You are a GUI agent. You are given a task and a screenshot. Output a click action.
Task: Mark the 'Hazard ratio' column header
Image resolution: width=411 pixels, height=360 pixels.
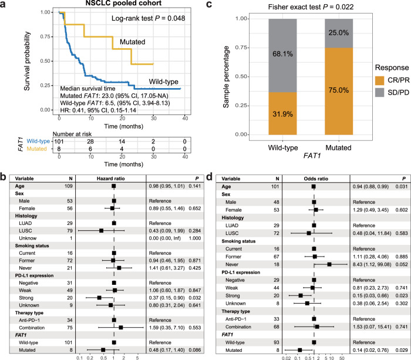coord(112,176)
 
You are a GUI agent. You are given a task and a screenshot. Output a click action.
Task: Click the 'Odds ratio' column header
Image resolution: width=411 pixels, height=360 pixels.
coord(315,176)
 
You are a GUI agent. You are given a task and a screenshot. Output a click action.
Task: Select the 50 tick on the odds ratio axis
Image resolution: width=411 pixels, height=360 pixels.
coord(341,356)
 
